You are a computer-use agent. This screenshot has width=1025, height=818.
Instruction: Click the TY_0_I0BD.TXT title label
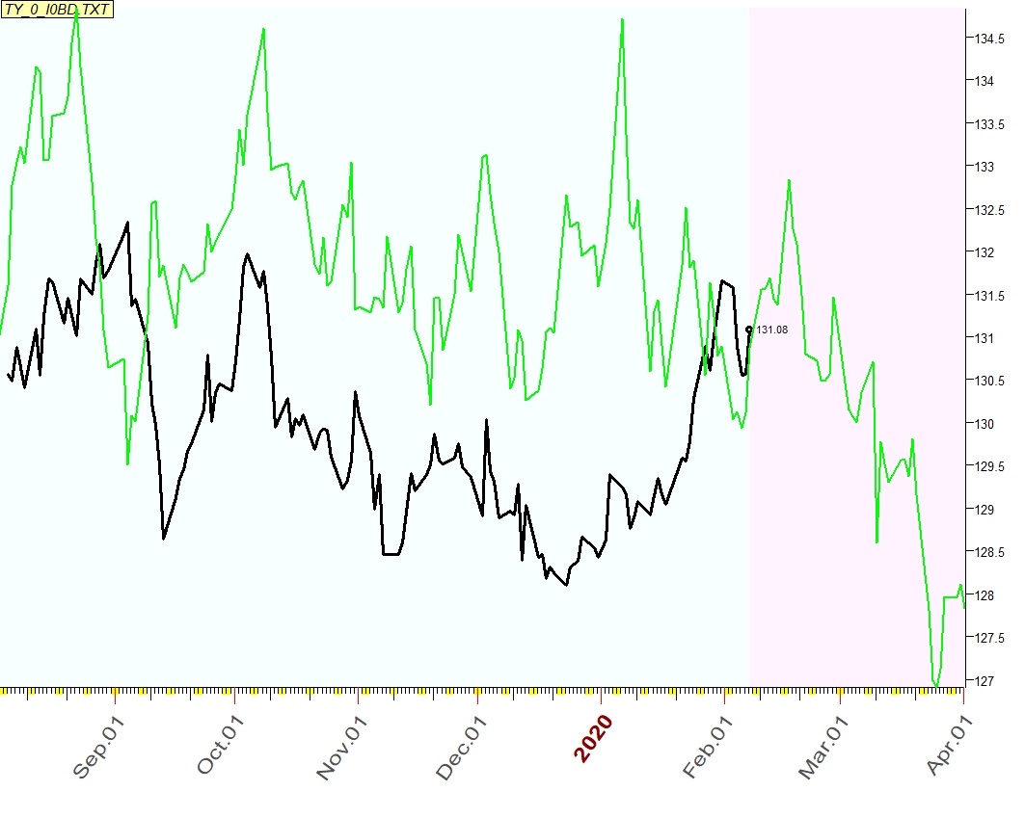[x=58, y=10]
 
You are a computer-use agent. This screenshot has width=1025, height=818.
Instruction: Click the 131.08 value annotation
[x=771, y=330]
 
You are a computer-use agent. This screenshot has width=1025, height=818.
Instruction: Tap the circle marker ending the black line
[x=749, y=330]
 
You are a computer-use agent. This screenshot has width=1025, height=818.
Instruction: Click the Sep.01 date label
[x=99, y=746]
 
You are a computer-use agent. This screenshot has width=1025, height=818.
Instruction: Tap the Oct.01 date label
[x=221, y=746]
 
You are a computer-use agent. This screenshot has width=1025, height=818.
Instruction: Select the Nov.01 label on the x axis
[x=342, y=746]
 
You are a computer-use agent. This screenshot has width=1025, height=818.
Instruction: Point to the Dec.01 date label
[x=462, y=746]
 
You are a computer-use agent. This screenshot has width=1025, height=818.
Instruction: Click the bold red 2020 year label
[x=593, y=739]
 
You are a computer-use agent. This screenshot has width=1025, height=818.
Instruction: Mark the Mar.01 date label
[x=822, y=746]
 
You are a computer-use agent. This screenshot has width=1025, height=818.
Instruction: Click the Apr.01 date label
[x=949, y=746]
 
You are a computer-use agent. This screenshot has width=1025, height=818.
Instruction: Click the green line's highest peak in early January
[x=622, y=19]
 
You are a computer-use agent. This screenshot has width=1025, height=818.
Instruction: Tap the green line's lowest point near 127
[x=935, y=685]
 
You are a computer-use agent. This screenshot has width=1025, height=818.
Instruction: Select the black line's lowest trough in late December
[x=566, y=584]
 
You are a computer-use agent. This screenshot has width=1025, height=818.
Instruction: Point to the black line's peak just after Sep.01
[x=128, y=223]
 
